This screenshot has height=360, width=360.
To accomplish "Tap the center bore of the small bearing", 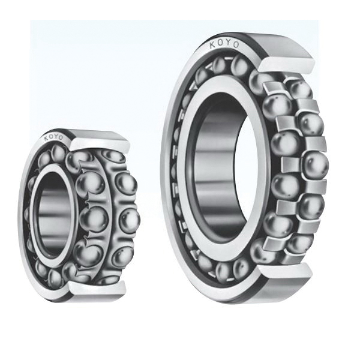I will [53, 211].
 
